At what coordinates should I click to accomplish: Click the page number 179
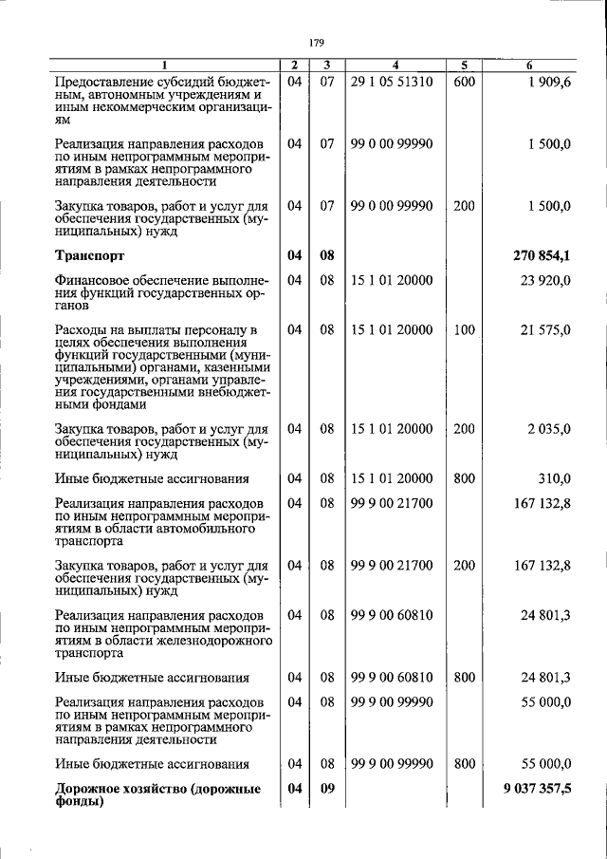[x=317, y=43]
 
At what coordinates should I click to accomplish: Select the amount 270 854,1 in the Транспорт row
[x=542, y=255]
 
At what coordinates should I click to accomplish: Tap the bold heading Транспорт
[x=89, y=255]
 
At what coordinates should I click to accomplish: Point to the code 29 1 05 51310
[x=391, y=82]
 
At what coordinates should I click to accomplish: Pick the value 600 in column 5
[x=464, y=82]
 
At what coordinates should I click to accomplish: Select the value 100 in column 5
[x=464, y=329]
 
